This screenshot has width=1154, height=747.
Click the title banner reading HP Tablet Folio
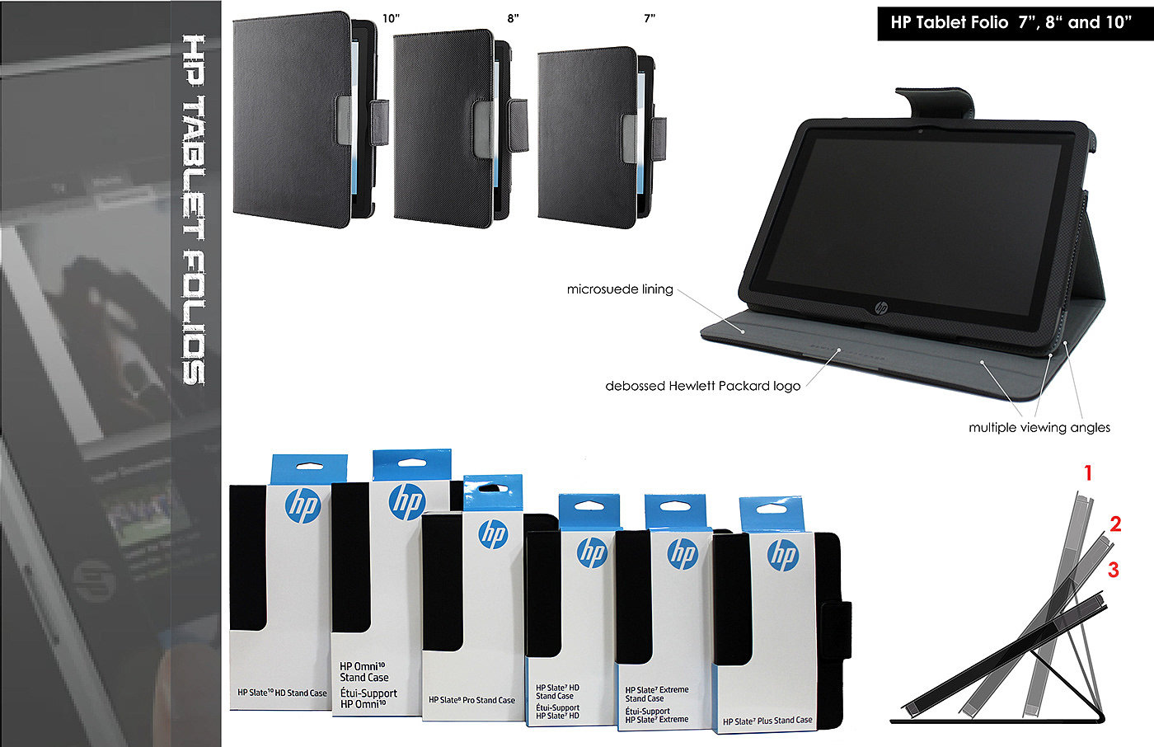tap(1011, 22)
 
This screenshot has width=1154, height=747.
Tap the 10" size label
tap(391, 18)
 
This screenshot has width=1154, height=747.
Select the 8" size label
tap(513, 18)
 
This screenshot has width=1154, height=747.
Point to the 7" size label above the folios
tap(650, 18)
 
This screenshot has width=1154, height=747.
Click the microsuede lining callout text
tap(620, 289)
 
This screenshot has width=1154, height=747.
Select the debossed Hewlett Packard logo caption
tap(702, 386)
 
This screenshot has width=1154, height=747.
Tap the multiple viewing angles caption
tap(1039, 427)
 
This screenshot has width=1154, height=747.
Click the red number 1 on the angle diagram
tap(1088, 473)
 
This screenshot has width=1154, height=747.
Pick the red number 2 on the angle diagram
tap(1115, 524)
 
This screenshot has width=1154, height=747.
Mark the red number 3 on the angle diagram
tap(1113, 570)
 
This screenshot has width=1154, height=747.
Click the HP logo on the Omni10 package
tap(406, 502)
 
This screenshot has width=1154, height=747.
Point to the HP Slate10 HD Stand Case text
tap(282, 693)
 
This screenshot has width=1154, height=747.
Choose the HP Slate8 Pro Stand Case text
tap(471, 700)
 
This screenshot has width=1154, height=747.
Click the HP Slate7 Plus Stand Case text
tap(767, 721)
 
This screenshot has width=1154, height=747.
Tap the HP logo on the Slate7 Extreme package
tap(682, 554)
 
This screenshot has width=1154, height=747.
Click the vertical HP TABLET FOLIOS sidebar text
tap(193, 210)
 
